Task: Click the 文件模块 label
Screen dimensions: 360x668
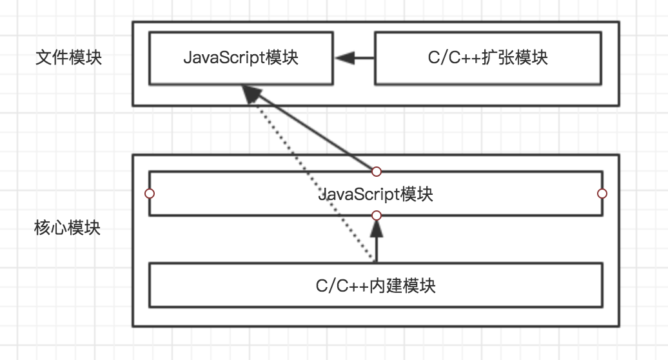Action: (69, 57)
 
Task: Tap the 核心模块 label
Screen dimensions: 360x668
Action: (68, 228)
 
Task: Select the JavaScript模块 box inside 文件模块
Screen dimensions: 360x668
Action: (241, 57)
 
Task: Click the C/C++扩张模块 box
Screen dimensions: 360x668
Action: (488, 57)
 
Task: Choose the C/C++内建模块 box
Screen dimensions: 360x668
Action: (376, 285)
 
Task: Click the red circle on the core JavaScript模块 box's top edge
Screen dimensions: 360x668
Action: (377, 172)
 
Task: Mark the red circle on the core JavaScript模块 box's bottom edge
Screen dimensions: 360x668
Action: (377, 215)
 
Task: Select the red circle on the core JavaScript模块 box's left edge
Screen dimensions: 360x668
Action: (150, 194)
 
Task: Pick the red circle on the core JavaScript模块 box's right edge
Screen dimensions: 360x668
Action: (602, 194)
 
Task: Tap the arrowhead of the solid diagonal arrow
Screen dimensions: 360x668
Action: (251, 95)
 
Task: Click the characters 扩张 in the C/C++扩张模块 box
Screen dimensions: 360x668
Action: (504, 57)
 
